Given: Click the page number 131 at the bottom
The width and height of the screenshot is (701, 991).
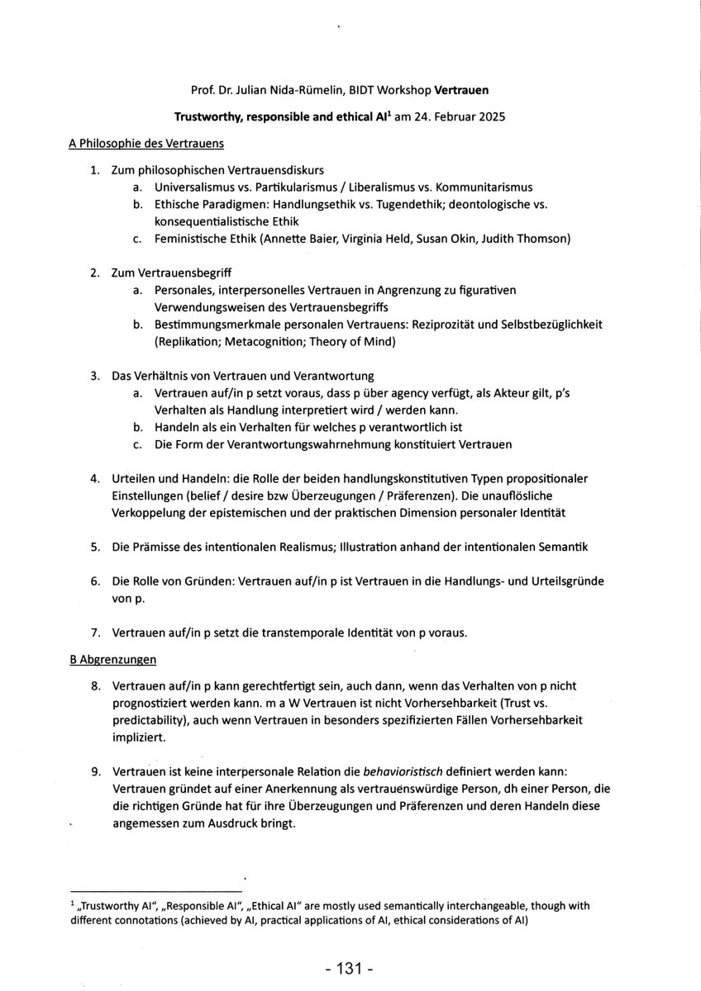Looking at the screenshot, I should pyautogui.click(x=350, y=966).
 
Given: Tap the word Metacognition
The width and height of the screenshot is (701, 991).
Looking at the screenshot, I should pyautogui.click(x=254, y=342).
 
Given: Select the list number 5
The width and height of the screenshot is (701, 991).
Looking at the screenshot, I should pyautogui.click(x=95, y=547).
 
